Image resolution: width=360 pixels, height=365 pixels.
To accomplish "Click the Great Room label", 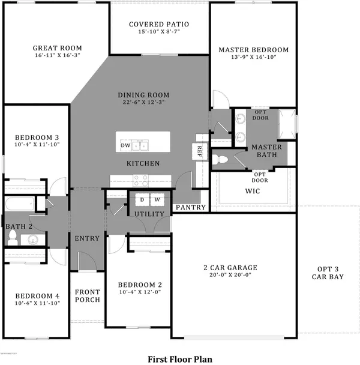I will [x=58, y=48].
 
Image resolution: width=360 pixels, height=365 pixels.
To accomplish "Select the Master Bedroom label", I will [x=253, y=50].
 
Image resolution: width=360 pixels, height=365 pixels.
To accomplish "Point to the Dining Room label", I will [x=143, y=95].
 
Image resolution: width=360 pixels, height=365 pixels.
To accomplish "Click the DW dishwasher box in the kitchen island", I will [x=125, y=146].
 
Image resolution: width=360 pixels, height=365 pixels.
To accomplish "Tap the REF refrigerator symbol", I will [x=198, y=151].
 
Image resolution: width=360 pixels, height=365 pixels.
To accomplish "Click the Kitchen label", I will [x=142, y=163].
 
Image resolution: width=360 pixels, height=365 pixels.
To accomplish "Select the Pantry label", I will [x=190, y=208].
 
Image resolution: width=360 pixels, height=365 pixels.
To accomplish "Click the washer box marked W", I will [x=157, y=199].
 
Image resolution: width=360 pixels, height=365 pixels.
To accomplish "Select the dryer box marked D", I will [x=142, y=199].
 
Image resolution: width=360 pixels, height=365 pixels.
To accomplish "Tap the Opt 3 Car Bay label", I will [x=328, y=273].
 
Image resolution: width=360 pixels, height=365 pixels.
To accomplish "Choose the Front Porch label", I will [x=87, y=296].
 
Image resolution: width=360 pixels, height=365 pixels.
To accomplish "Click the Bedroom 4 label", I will [x=37, y=296].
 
